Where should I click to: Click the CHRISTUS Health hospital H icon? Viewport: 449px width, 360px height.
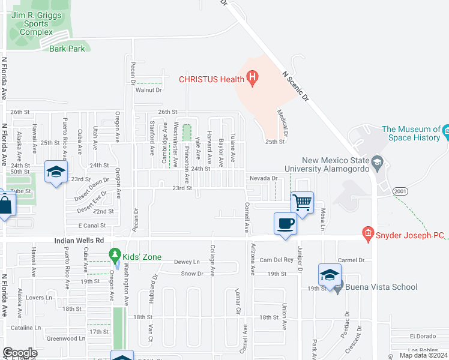pos(253,78)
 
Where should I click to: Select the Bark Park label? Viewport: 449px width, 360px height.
pos(67,49)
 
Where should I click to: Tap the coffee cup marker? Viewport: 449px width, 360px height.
pos(285,224)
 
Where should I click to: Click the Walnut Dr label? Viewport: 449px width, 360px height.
pos(149,90)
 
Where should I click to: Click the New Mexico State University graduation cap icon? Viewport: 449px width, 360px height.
pos(377,161)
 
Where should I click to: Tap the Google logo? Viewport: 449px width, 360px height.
pos(20,353)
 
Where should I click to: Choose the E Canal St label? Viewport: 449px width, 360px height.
pos(92,226)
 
